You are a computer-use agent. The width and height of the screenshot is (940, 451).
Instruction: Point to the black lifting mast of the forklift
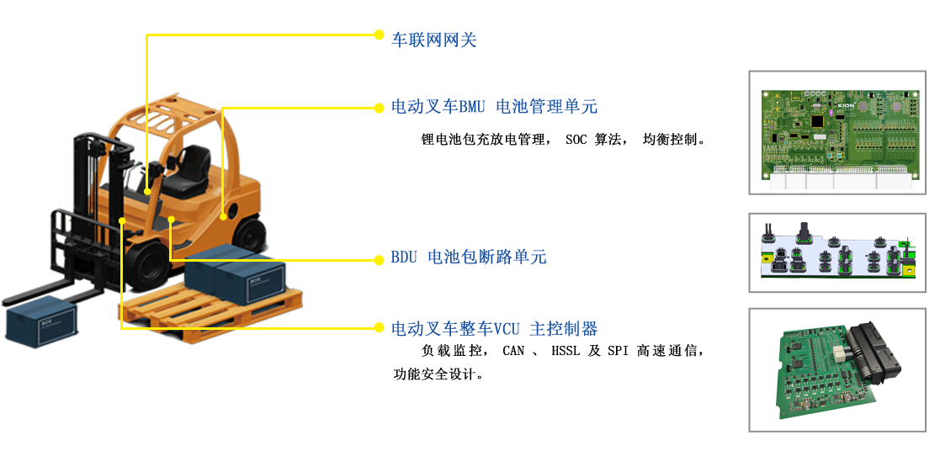[91, 194]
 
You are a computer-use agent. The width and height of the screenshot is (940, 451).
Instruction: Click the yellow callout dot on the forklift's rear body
[224, 217]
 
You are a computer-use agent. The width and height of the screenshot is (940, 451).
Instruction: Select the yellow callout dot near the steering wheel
[147, 192]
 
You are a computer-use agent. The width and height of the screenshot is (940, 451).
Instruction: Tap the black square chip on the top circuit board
[815, 121]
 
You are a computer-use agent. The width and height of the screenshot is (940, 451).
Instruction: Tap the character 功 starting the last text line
[401, 374]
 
